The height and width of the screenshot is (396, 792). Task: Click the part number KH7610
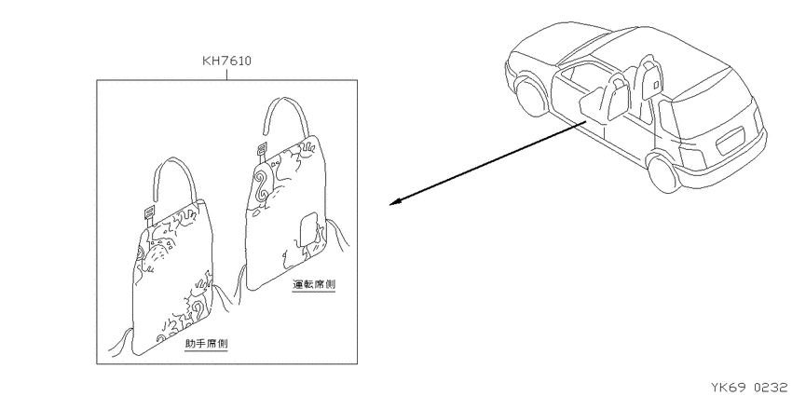coord(226,61)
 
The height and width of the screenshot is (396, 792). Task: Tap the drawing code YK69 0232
coord(749,388)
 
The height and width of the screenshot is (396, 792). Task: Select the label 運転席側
coord(314,285)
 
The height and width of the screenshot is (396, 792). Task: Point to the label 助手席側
coord(207,344)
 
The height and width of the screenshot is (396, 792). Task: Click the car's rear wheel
coord(663,174)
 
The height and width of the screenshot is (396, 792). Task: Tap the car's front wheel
coord(530,97)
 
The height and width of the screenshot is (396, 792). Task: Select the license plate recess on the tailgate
coord(730,140)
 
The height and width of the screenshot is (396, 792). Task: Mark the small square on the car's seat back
coord(655,86)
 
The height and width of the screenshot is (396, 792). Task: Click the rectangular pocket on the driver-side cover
coord(308,229)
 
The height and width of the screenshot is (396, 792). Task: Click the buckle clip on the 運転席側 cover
coord(262,151)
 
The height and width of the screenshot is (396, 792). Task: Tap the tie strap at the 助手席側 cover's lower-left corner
coord(121,341)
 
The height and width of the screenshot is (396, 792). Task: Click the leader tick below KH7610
coord(226,75)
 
